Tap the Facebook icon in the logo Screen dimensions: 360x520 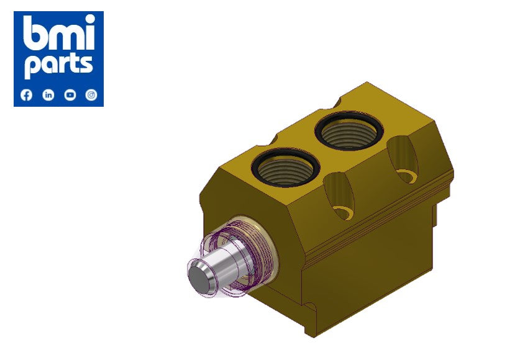(26, 95)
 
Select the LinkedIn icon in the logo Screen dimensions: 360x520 (48, 95)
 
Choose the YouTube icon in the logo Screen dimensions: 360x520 (70, 95)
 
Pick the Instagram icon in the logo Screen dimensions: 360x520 (91, 95)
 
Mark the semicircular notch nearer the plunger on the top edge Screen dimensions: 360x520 (270, 137)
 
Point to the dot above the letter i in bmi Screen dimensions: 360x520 (88, 20)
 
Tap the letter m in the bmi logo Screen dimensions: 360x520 (62, 38)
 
